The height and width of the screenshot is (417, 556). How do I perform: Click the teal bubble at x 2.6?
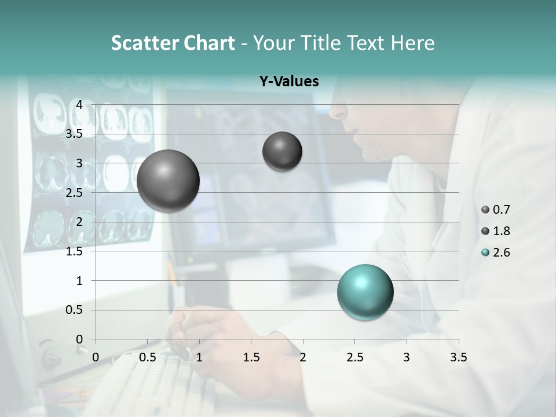click(x=365, y=292)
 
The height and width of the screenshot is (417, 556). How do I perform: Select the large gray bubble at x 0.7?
click(x=168, y=181)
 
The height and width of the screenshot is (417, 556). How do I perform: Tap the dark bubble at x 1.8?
click(x=282, y=151)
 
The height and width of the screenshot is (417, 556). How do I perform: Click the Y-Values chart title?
click(x=288, y=82)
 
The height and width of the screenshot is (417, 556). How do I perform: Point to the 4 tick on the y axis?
click(x=79, y=105)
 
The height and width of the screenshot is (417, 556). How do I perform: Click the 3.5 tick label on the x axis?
click(x=458, y=357)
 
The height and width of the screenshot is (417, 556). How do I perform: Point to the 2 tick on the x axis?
click(x=302, y=357)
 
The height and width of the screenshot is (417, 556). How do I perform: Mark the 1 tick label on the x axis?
click(x=199, y=357)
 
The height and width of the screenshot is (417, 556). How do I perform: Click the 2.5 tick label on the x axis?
click(x=354, y=357)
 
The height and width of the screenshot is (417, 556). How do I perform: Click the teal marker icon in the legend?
click(x=485, y=253)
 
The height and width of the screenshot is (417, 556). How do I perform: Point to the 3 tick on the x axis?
click(x=407, y=357)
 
